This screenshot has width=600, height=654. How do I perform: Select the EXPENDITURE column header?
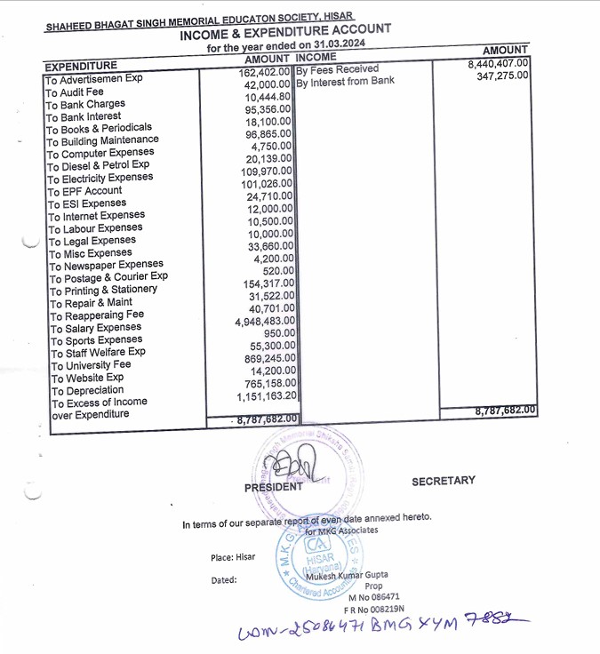click(81, 66)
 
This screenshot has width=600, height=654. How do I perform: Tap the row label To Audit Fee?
click(75, 92)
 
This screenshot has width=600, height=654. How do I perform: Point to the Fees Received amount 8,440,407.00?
click(498, 63)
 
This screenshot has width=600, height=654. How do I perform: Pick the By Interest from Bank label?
click(345, 83)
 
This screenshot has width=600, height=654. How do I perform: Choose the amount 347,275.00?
click(503, 76)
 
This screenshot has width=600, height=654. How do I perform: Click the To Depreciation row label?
click(87, 390)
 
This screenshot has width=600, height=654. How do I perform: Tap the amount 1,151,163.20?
click(267, 395)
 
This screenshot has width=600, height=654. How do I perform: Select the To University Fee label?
click(91, 365)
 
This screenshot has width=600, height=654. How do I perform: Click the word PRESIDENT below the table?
click(273, 488)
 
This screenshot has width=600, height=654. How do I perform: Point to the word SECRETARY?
click(443, 481)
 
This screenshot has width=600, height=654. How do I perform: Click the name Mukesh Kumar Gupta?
click(352, 575)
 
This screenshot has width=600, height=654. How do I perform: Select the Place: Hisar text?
click(234, 557)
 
